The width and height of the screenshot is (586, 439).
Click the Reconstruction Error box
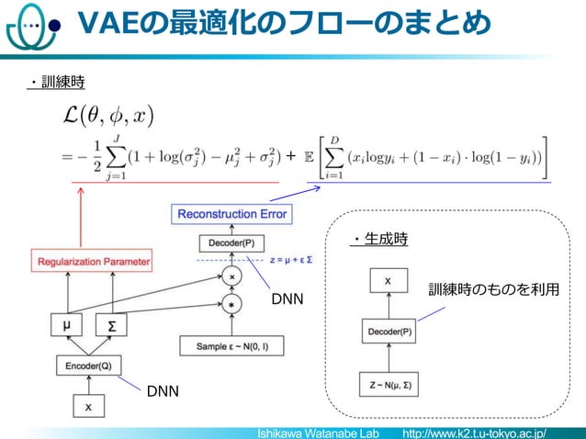click(231, 214)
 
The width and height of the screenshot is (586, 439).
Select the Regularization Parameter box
click(93, 262)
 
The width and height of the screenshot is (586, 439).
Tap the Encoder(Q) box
click(88, 365)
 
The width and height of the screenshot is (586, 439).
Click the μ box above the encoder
click(66, 325)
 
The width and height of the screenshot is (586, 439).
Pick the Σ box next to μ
click(110, 326)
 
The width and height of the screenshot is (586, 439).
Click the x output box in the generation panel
click(389, 280)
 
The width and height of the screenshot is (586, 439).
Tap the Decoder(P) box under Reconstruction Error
click(231, 243)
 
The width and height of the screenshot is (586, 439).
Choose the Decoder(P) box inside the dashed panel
click(389, 331)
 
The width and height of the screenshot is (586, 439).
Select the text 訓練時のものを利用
click(494, 290)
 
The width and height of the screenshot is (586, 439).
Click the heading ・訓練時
click(56, 83)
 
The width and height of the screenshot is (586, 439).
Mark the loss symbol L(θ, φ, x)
click(107, 117)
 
